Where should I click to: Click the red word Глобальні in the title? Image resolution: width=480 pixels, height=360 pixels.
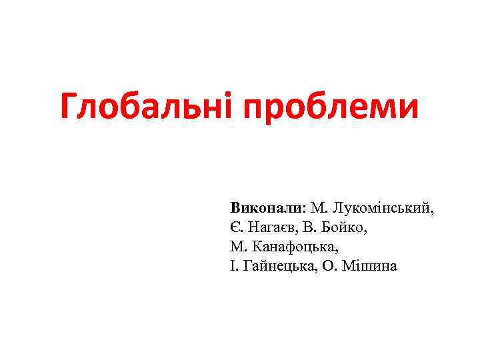150,107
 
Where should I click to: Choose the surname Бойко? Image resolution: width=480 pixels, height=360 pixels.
345,227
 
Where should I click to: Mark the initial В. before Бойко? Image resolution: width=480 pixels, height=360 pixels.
316,227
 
